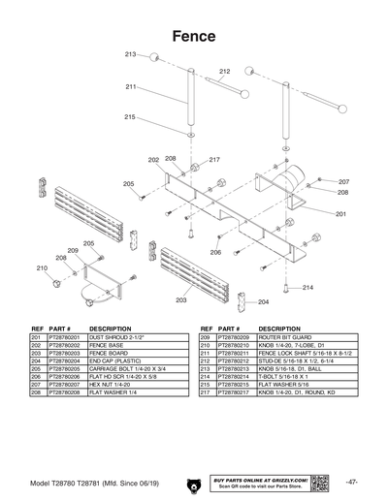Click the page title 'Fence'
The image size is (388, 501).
pos(193,34)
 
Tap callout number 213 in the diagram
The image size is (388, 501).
pos(130,55)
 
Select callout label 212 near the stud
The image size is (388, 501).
pos(224,72)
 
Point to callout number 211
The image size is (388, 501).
pos(130,87)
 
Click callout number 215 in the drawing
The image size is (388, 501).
pos(130,117)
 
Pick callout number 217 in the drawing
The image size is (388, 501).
pos(214,160)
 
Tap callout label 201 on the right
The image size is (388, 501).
pos(341,213)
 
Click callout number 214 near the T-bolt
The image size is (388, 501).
pos(307,287)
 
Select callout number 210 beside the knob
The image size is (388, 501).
pos(42,267)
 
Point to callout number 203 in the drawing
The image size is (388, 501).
pos(181,301)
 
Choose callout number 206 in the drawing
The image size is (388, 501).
pos(215,252)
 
